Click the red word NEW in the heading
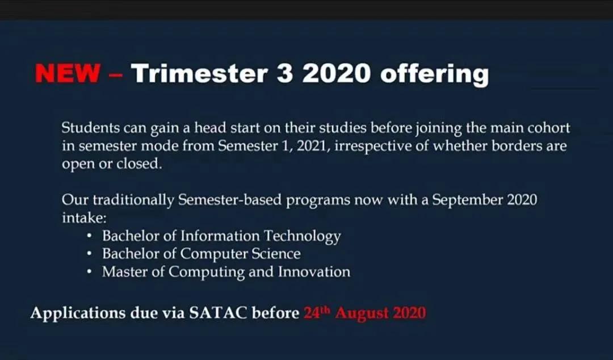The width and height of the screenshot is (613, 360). click(67, 73)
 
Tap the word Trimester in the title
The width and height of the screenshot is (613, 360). click(200, 73)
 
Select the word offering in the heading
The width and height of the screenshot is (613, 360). click(434, 74)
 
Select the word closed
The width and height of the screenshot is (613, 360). click(139, 163)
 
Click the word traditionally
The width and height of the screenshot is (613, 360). click(133, 200)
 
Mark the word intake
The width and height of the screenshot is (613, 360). click(84, 217)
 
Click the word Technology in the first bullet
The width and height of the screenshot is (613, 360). click(302, 236)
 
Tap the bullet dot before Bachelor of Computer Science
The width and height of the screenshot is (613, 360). click(90, 254)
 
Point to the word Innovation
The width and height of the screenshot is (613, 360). click(314, 271)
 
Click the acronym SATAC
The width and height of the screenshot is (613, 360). click(218, 313)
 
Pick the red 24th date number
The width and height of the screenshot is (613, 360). click(317, 313)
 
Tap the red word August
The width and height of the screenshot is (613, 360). click(362, 313)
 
